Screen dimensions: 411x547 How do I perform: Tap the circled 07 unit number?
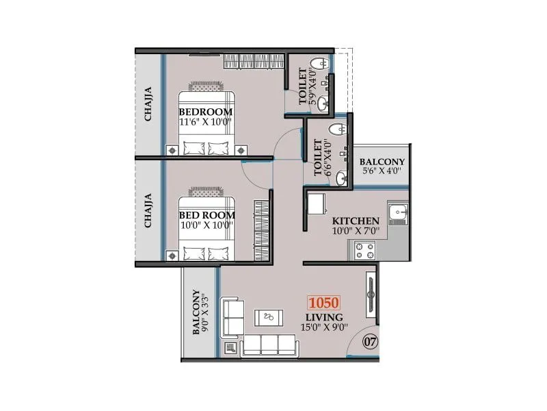coord(370,340)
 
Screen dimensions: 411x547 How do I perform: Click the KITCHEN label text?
coord(356,221)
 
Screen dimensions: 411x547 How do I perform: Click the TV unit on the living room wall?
coord(371,295)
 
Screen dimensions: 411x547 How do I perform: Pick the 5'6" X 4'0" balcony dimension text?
coord(382,171)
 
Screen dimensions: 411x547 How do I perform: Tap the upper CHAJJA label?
coord(148,104)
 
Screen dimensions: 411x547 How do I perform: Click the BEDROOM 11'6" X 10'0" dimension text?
coord(205,123)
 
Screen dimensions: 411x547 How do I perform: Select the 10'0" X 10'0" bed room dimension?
coord(206,225)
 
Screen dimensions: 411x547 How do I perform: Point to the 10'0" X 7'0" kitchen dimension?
coord(356,232)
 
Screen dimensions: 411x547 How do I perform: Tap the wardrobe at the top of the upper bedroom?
coord(253,62)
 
